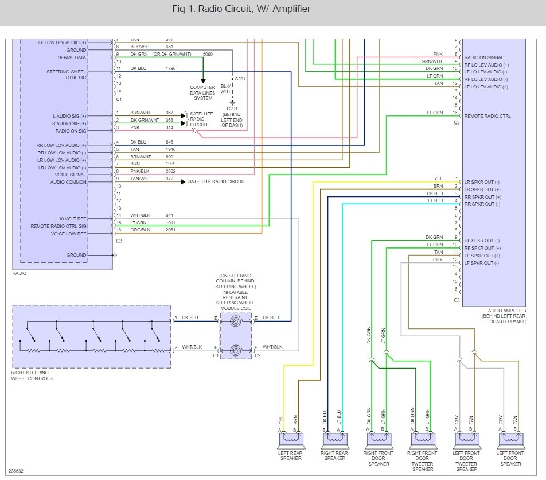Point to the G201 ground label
(x=232, y=109)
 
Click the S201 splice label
(x=240, y=79)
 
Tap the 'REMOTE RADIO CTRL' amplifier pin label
(x=487, y=116)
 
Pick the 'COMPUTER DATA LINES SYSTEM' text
(x=203, y=93)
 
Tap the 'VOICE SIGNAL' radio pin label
(x=70, y=175)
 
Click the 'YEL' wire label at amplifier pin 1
(x=438, y=179)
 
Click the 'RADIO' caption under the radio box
(x=19, y=273)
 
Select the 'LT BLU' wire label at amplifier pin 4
(x=435, y=201)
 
